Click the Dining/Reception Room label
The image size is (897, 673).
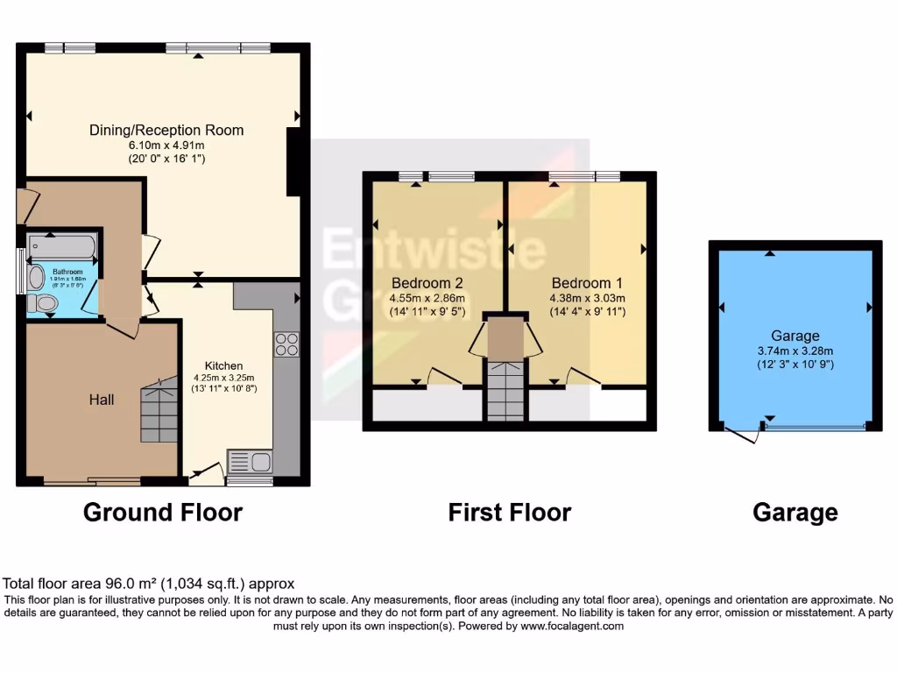166,130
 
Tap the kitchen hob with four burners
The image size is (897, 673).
286,344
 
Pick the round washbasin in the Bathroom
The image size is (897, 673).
36,278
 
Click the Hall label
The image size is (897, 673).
102,400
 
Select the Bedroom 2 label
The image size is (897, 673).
427,283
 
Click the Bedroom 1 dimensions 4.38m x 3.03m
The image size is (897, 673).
587,298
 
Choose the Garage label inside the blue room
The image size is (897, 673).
795,336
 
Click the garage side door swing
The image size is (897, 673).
743,433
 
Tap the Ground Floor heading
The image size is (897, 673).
162,512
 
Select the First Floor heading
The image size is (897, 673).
510,512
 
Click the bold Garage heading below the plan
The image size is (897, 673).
795,512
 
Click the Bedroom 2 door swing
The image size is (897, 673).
443,376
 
